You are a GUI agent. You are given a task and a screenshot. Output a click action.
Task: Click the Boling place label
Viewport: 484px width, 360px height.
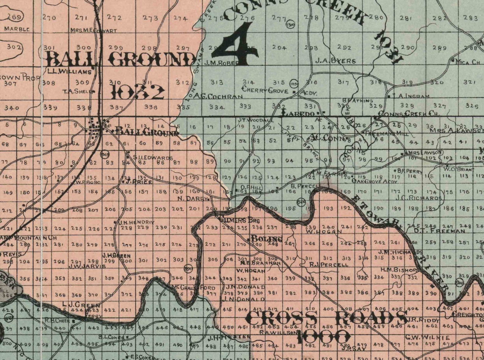(266, 239)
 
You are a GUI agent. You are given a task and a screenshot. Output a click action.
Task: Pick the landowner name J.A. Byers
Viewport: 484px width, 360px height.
(335, 61)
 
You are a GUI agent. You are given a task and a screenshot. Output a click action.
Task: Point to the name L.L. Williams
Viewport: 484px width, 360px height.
(69, 72)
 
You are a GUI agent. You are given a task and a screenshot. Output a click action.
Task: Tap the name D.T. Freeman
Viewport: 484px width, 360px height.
(439, 231)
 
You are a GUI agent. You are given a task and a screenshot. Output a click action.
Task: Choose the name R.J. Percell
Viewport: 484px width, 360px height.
(329, 265)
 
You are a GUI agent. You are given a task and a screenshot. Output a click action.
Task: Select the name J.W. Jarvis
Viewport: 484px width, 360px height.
(87, 266)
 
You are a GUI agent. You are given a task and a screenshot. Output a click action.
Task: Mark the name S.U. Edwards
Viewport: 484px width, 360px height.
(153, 158)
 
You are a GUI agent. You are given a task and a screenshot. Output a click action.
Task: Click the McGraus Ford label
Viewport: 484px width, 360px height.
(194, 288)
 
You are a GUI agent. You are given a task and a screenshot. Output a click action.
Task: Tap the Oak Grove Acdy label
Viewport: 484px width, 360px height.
(375, 182)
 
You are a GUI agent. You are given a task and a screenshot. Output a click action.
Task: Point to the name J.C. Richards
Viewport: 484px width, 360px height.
(418, 198)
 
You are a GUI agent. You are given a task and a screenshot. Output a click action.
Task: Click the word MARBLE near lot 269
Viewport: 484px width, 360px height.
(17, 29)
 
